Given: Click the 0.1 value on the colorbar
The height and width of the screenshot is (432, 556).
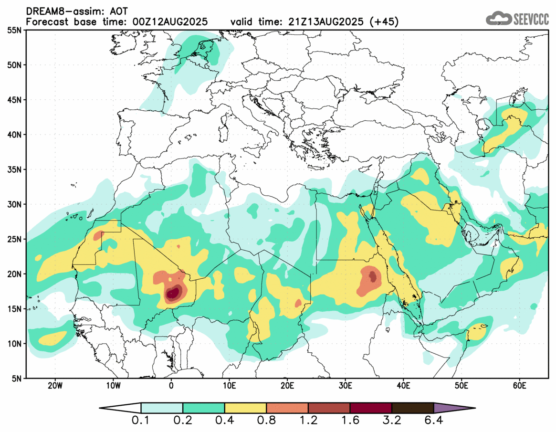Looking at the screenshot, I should (x=141, y=421).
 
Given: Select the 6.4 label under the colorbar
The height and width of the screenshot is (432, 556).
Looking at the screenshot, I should (x=433, y=421).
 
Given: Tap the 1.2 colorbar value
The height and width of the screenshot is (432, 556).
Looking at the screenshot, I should (x=308, y=421).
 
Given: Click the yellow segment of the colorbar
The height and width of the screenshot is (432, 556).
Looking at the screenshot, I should (x=245, y=408).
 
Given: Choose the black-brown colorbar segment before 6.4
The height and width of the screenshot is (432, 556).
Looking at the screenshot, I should (x=412, y=408).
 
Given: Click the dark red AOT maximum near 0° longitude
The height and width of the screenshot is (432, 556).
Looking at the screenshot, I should (x=173, y=293).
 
